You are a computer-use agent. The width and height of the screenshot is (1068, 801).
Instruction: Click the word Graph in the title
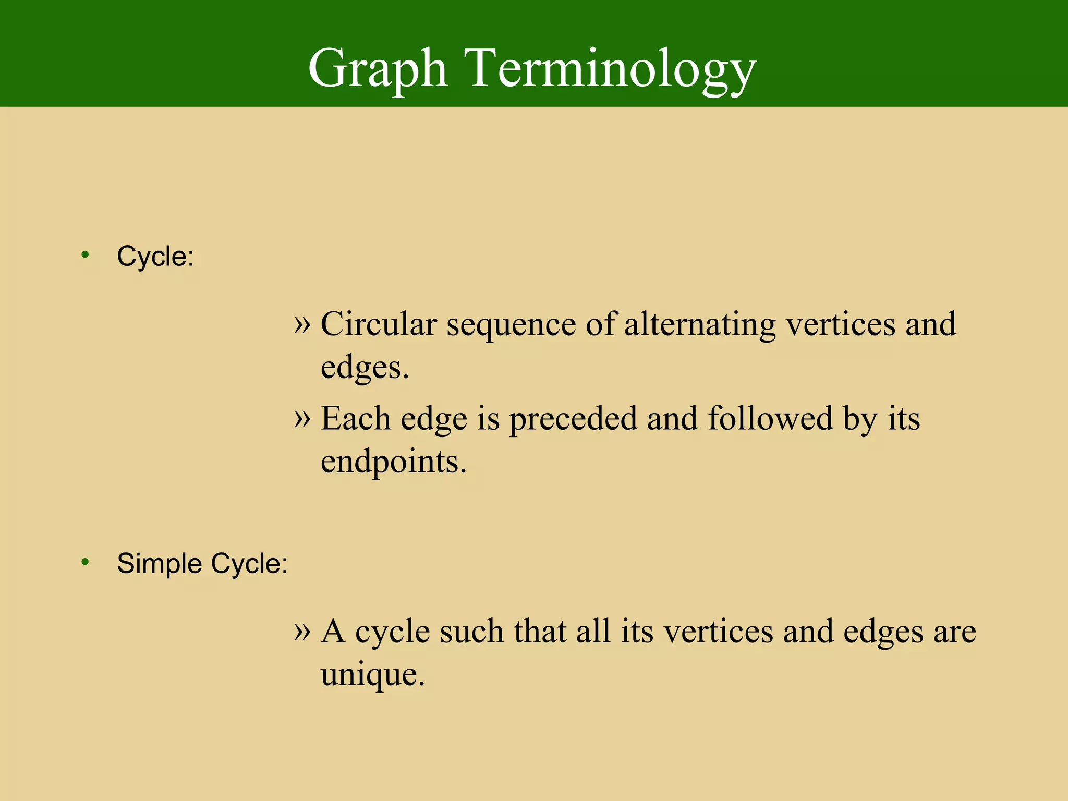tap(378, 69)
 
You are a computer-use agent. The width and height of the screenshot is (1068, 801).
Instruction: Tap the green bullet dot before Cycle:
tap(86, 255)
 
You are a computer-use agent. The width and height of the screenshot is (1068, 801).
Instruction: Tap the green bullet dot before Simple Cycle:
tap(86, 562)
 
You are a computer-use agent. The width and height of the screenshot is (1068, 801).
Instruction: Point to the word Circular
tap(378, 324)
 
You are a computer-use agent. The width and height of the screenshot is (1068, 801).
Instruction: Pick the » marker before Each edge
tap(302, 418)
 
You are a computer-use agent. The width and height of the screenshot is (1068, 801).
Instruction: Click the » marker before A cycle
tap(302, 632)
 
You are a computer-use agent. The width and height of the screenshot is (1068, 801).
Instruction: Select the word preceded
tap(573, 419)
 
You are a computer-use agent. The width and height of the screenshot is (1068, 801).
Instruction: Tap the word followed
tap(770, 418)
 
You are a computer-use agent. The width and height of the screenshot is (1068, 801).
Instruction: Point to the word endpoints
tap(393, 462)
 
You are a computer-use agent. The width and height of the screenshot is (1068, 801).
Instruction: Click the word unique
tap(372, 675)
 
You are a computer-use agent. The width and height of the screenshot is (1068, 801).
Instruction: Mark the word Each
tap(356, 418)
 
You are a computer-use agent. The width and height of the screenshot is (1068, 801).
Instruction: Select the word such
tap(472, 632)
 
